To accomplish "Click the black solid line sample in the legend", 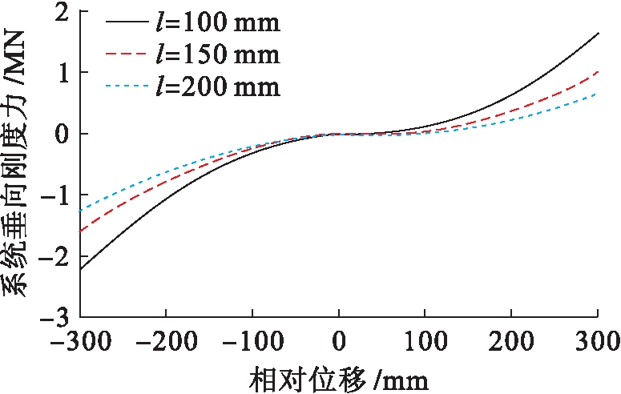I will (x=127, y=22).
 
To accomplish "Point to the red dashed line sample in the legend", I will (x=127, y=54).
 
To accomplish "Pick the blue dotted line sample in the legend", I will (x=127, y=86).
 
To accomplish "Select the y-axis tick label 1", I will (x=62, y=73).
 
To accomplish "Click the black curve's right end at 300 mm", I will (x=599, y=34).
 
